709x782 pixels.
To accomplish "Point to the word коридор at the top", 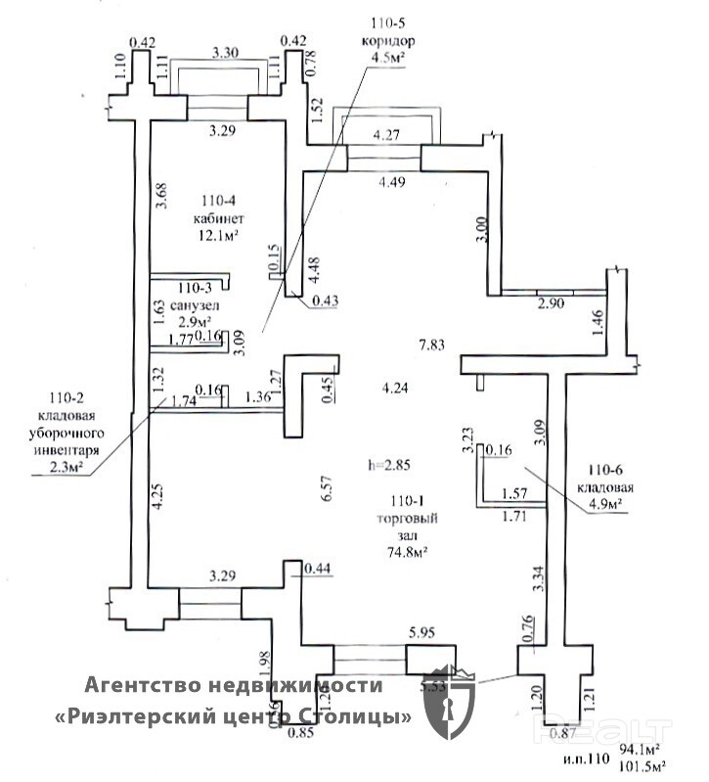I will pos(387,42).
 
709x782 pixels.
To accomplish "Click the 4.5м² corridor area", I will pos(387,58).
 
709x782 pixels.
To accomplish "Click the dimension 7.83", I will pos(431,345).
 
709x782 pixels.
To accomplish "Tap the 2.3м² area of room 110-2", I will pos(70,468).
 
